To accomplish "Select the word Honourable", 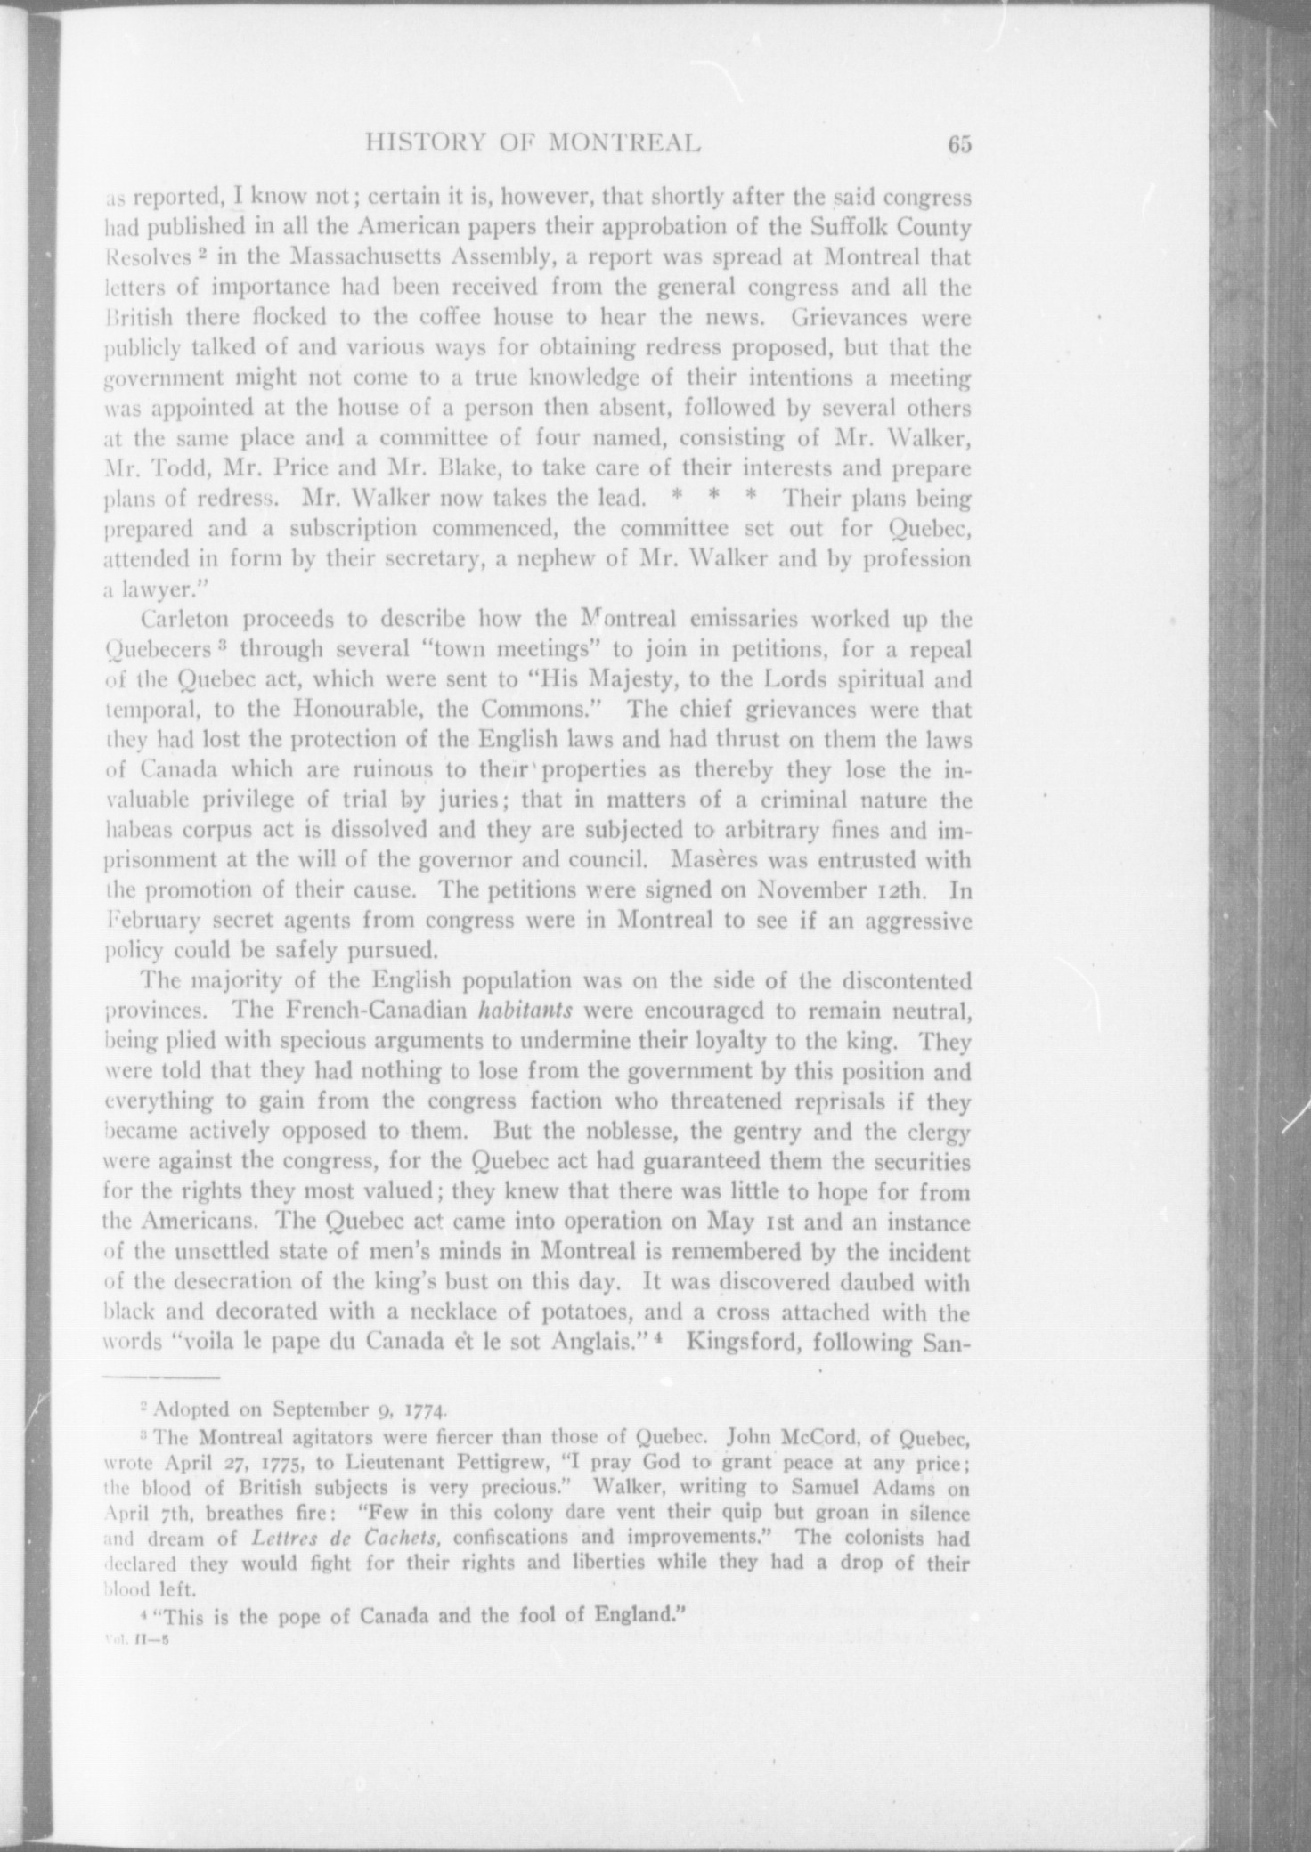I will tap(330, 710).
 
